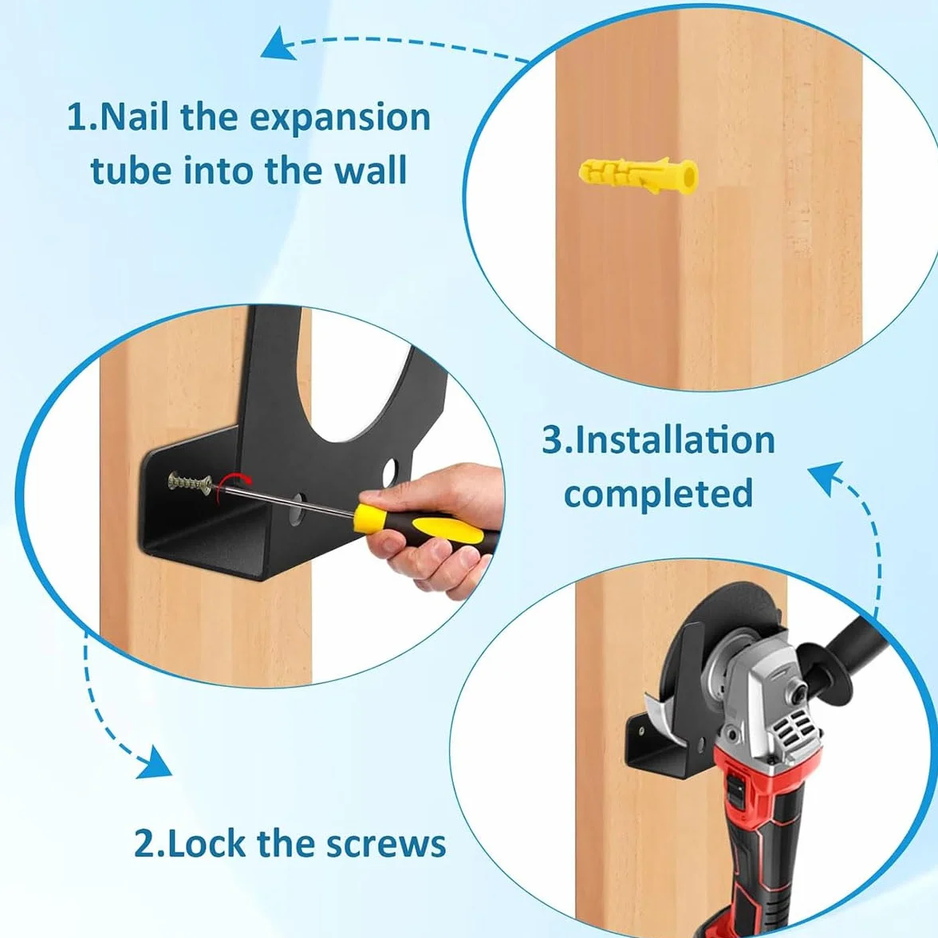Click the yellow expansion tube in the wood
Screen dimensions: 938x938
point(638,175)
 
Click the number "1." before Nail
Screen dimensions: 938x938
point(83,117)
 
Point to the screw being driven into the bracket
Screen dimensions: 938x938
point(190,482)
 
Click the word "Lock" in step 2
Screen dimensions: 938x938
point(206,843)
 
